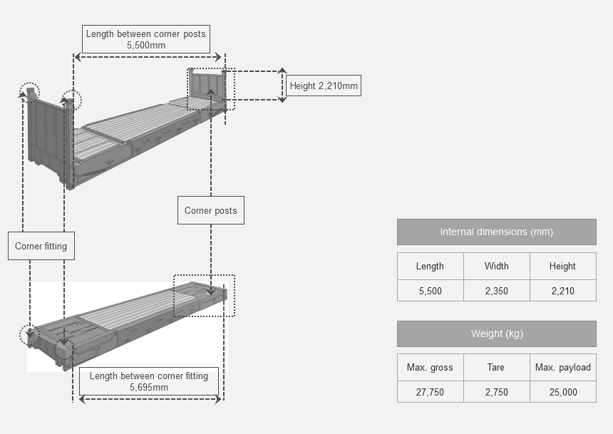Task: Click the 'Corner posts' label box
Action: (211, 210)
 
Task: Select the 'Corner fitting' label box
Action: (41, 246)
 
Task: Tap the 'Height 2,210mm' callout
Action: (324, 86)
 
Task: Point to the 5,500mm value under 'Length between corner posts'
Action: (146, 46)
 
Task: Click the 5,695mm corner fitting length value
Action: (149, 388)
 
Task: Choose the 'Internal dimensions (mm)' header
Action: (497, 232)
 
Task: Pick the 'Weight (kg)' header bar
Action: (497, 334)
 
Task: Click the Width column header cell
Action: (497, 267)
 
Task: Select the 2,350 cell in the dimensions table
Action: (497, 291)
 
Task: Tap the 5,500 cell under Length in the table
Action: (431, 291)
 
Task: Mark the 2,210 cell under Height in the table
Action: (563, 291)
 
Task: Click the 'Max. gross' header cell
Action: (431, 368)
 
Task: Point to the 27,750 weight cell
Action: (431, 392)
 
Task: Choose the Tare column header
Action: (497, 368)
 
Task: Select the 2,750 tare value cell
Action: (497, 392)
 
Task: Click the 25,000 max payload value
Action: (563, 392)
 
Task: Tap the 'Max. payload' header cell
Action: (563, 368)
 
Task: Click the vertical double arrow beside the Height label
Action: (282, 86)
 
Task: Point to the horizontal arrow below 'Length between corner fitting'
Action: (150, 399)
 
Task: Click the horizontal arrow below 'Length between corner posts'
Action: (148, 57)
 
